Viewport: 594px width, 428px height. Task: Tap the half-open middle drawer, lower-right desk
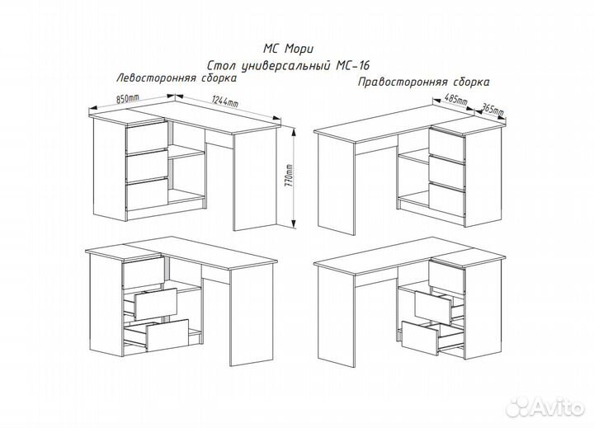432,308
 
